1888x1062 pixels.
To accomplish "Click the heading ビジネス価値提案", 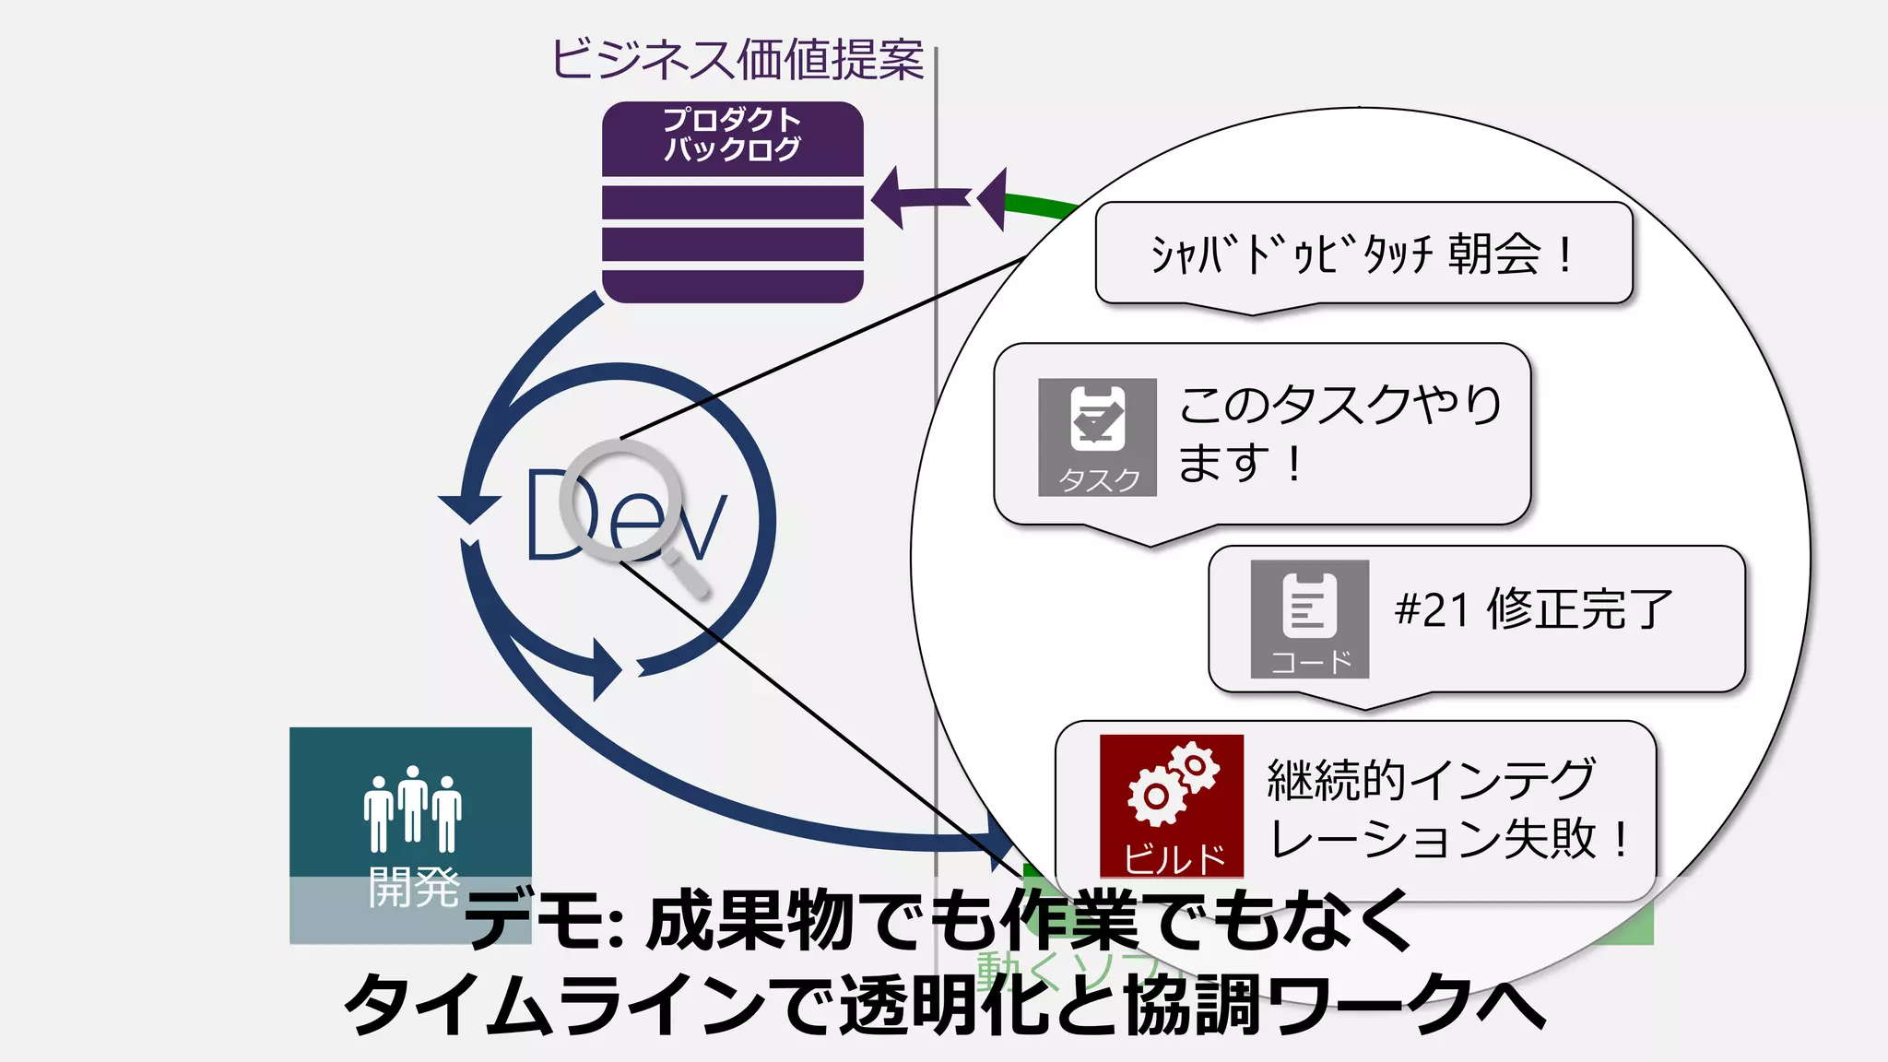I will coord(737,60).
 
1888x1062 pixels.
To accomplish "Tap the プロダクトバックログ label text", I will coord(732,135).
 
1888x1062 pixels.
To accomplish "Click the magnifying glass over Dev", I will coord(622,499).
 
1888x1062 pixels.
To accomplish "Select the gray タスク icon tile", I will coord(1097,437).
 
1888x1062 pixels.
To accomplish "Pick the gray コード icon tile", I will coord(1309,619).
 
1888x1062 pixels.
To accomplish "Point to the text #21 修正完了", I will coord(1533,609).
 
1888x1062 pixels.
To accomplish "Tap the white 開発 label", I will coord(413,887).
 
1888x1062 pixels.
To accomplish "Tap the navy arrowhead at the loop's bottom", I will coord(607,667).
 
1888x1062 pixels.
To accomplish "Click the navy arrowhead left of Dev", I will coord(469,508).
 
